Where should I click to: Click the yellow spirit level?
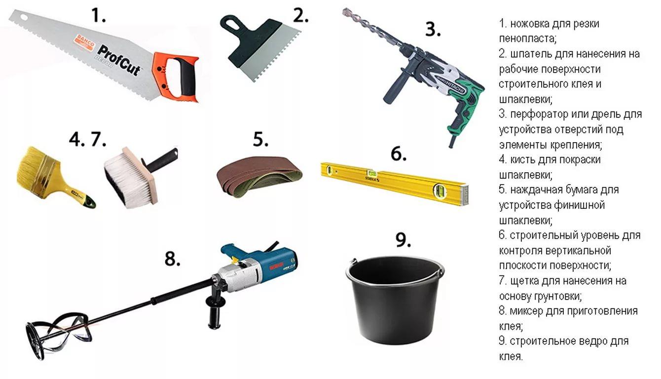click(395, 183)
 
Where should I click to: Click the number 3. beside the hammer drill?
click(433, 30)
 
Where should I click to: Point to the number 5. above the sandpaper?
click(260, 139)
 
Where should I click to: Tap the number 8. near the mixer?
click(172, 259)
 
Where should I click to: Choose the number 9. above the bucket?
click(403, 240)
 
